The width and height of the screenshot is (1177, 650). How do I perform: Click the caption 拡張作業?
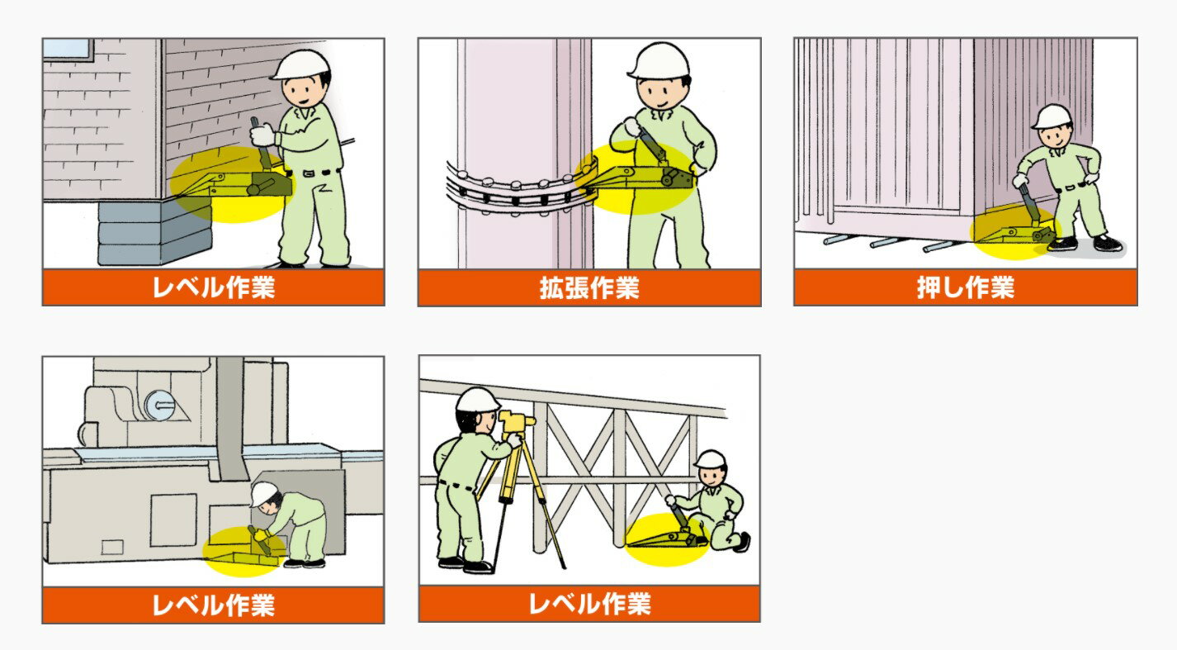point(589,287)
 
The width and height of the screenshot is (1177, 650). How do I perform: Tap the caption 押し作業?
point(965,287)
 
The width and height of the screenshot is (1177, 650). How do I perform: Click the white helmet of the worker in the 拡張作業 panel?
point(659,60)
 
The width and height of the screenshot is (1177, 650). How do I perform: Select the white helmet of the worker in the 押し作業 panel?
point(1052,116)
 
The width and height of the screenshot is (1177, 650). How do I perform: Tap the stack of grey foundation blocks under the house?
point(155,231)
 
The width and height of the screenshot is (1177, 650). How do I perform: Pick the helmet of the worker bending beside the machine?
point(263,494)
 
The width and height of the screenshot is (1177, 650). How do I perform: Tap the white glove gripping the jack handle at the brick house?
point(262,134)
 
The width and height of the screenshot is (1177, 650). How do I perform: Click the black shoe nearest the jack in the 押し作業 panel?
point(1062,244)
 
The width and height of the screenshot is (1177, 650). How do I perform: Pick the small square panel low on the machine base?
point(112,548)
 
